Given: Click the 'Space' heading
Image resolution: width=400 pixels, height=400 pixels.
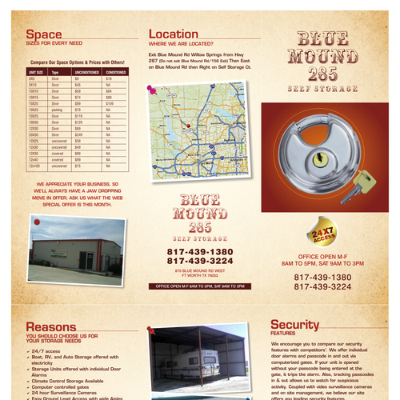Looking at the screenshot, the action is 44,34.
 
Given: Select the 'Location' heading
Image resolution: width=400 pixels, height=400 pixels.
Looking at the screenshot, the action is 174,34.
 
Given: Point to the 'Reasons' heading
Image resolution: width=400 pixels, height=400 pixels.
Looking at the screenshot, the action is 51,326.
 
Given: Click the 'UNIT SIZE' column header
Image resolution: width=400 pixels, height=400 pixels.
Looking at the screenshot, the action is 37,72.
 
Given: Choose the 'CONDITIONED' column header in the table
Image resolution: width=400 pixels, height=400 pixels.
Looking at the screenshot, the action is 116,72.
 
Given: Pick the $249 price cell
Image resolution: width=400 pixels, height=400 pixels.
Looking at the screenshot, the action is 79,134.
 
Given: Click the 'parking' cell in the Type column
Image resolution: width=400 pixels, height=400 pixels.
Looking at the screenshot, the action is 56,110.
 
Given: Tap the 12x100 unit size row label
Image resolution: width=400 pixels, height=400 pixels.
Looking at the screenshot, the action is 34,166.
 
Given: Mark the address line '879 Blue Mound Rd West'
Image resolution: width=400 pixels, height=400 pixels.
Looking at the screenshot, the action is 195,271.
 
